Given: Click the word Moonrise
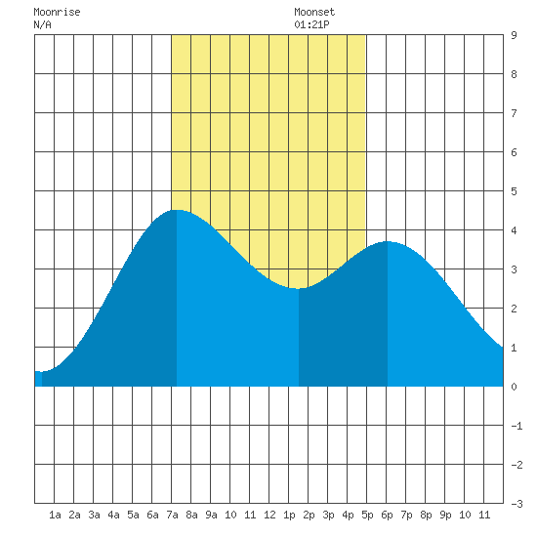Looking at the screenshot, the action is click(x=57, y=12).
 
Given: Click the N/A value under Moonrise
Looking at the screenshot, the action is click(x=42, y=24).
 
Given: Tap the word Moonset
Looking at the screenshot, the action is click(x=314, y=12).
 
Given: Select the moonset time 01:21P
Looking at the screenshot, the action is click(x=311, y=24).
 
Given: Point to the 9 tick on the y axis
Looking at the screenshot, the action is click(x=514, y=35).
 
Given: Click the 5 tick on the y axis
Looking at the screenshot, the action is click(x=514, y=191).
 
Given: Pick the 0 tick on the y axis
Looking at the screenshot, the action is click(x=514, y=387).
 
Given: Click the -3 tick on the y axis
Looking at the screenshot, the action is click(x=516, y=504).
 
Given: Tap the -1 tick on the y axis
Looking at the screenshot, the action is click(x=516, y=426).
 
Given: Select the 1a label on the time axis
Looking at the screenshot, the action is click(x=55, y=515).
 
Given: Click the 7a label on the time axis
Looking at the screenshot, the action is click(x=172, y=515).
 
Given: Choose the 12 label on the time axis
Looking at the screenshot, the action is click(x=269, y=515).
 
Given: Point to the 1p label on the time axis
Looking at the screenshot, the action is click(x=289, y=515).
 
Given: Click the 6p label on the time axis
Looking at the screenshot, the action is click(x=387, y=515).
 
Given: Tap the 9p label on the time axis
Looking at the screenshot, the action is click(x=445, y=515).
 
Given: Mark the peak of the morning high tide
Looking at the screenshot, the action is click(x=177, y=210).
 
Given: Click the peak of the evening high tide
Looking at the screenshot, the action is click(x=388, y=241).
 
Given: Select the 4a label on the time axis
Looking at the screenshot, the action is click(x=113, y=515).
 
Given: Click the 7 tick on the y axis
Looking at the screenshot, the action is click(x=514, y=113).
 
